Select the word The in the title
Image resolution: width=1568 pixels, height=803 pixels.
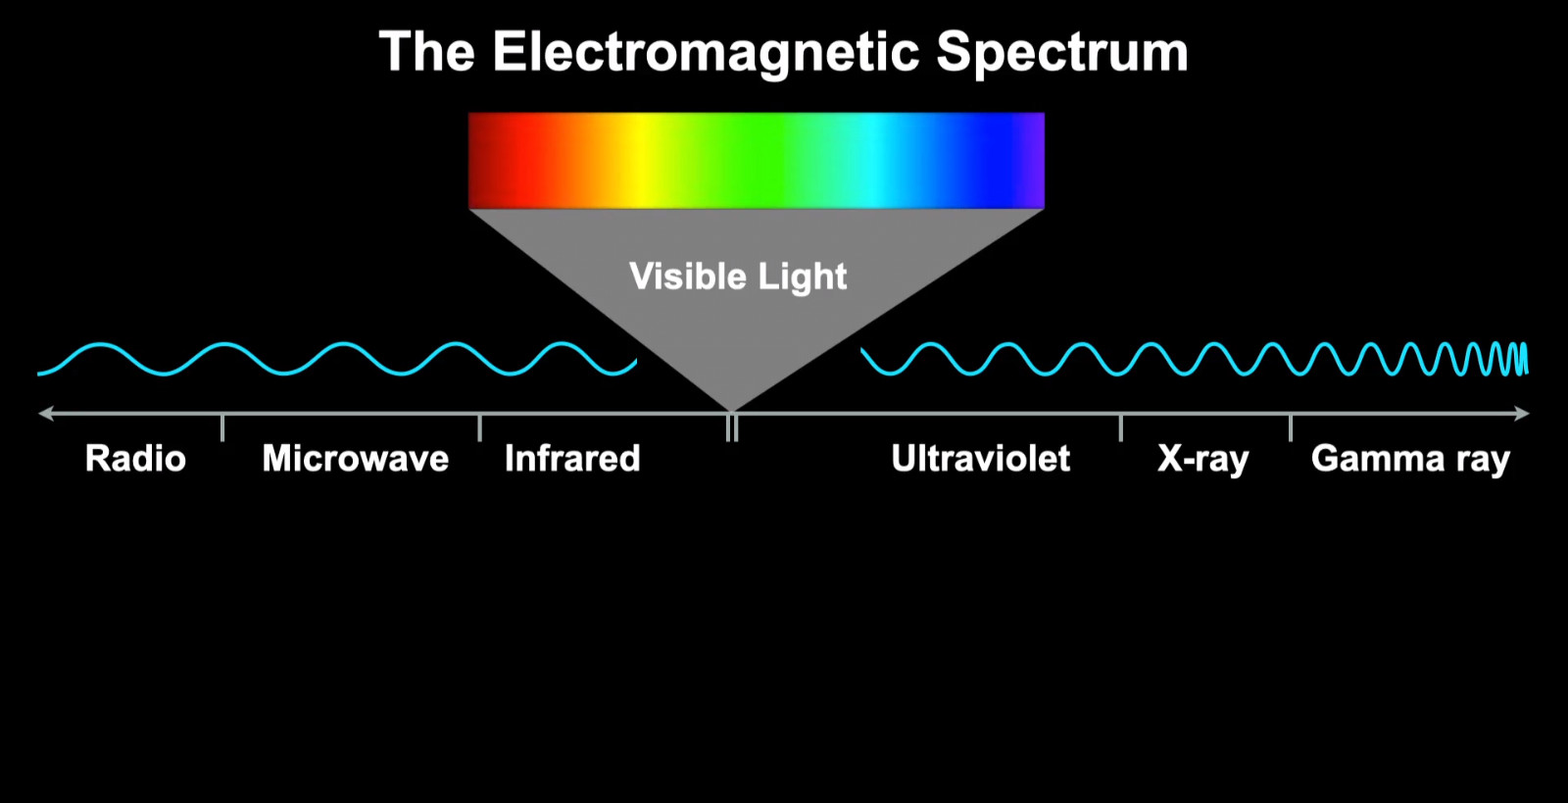coord(427,51)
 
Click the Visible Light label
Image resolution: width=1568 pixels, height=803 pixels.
coord(738,276)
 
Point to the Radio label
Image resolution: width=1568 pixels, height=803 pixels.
coord(135,459)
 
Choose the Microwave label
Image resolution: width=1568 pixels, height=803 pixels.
coord(355,459)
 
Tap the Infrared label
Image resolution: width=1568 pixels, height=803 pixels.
coord(572,459)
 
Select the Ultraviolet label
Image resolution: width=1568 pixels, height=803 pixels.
coord(980,459)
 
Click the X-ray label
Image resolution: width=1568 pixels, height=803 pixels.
coord(1202,459)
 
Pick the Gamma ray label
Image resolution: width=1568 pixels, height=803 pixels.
coord(1410,459)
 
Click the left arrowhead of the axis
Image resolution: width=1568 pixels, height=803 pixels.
coord(46,413)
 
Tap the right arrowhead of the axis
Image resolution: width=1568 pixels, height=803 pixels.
coord(1522,413)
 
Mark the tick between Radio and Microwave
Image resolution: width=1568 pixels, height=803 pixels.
coord(222,427)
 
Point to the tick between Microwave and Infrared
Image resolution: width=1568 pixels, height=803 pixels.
coord(479,427)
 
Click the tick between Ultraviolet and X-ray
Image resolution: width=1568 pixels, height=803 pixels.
coord(1121,427)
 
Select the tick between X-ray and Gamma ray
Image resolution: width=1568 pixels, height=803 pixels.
coord(1290,427)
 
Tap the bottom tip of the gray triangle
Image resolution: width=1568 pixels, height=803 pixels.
coord(731,411)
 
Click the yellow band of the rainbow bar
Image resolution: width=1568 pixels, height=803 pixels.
coord(638,161)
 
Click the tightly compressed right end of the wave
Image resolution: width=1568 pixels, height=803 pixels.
coord(1512,359)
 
